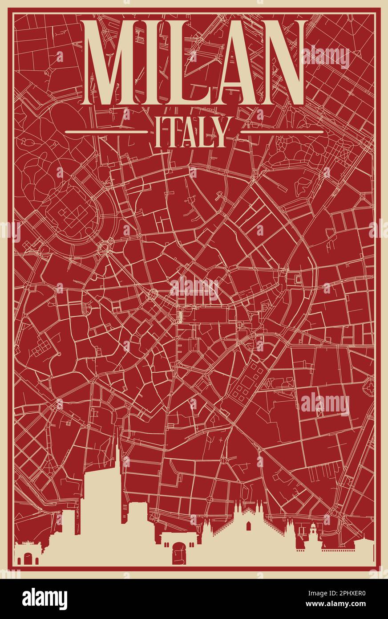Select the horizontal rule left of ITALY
coord(106,132)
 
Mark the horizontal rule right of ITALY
coord(281,132)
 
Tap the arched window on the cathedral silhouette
coord(248,527)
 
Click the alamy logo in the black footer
coord(44,599)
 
